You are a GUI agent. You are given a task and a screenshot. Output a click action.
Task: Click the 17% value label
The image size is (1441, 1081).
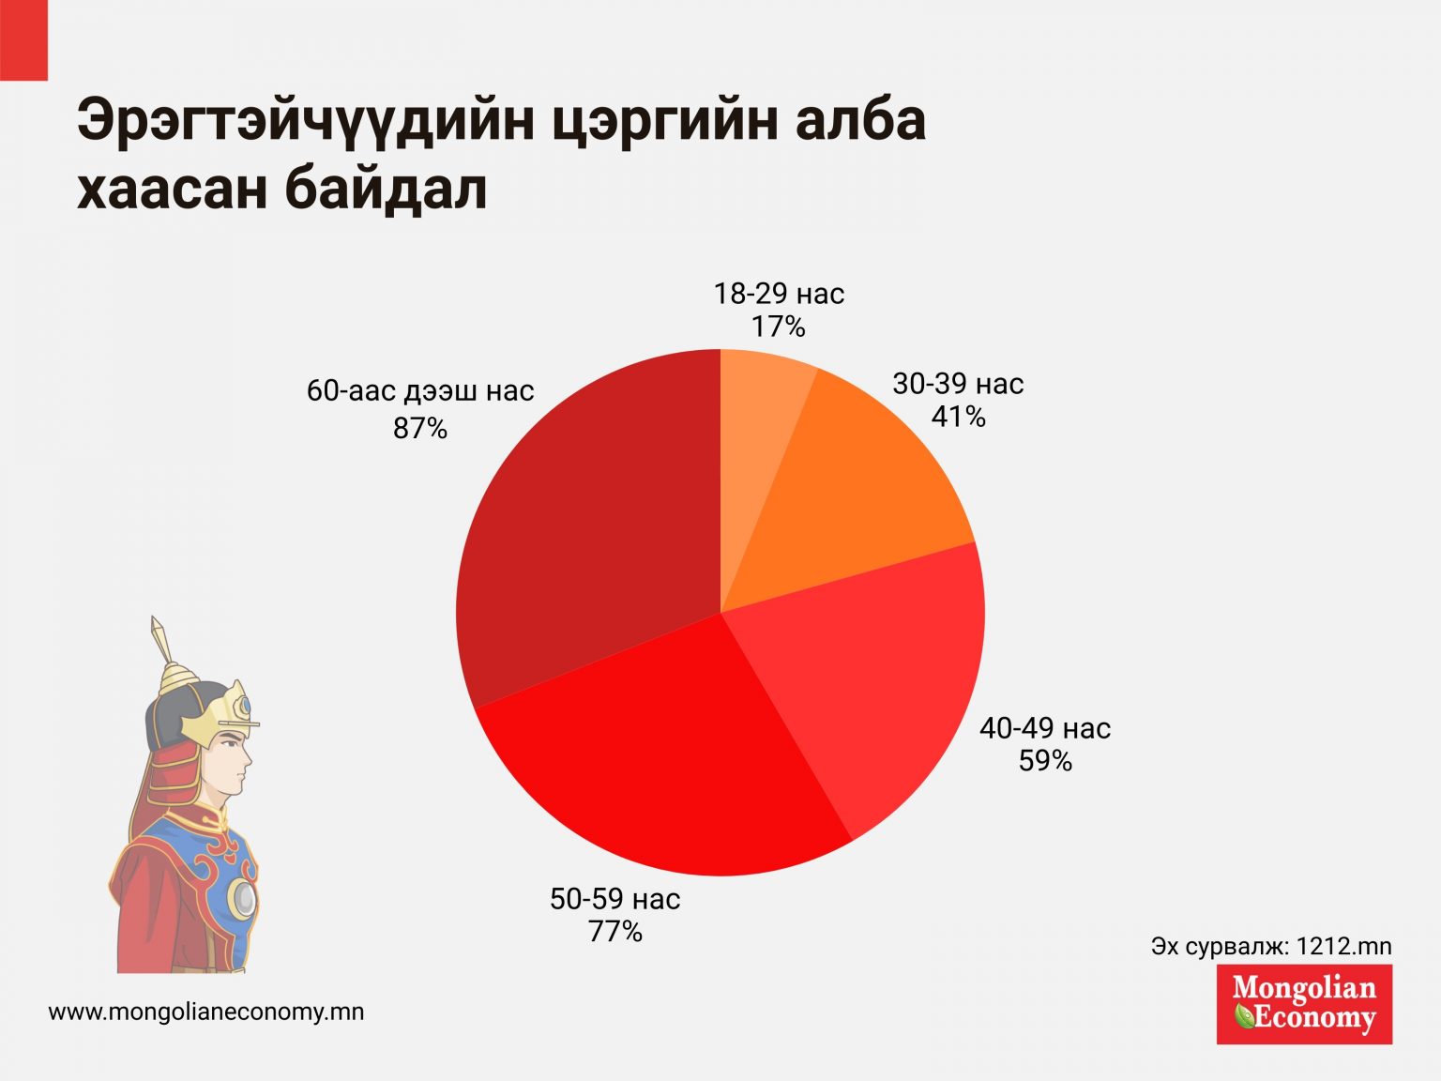click(779, 327)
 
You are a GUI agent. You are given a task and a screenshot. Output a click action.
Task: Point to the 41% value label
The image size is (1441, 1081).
click(958, 417)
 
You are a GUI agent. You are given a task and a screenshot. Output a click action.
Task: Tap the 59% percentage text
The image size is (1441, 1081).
click(1045, 760)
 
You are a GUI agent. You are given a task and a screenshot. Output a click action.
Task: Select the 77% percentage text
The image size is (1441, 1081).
click(614, 932)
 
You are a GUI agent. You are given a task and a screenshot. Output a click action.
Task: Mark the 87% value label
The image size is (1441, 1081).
click(420, 429)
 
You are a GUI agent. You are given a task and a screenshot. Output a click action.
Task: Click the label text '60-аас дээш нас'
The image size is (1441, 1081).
click(420, 390)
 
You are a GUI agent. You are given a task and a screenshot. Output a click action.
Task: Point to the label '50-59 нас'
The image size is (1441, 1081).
click(614, 899)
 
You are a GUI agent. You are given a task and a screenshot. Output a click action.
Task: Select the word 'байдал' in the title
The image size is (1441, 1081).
click(387, 190)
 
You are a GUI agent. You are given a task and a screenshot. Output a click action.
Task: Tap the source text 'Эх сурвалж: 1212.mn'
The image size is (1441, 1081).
click(1271, 946)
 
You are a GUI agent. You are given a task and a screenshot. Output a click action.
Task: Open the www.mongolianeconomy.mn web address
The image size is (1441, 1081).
click(206, 1012)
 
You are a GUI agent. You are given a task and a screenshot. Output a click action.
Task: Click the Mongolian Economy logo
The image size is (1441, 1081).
click(1304, 1003)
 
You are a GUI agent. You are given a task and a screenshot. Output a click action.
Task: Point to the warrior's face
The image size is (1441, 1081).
click(231, 760)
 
